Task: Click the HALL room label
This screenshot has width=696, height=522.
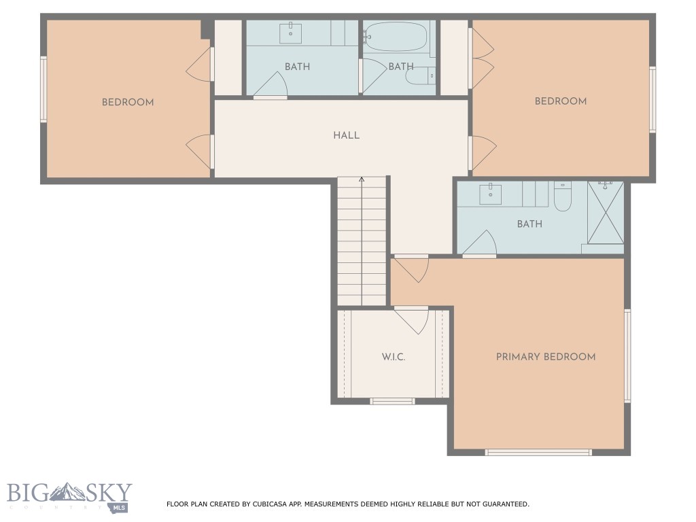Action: pyautogui.click(x=346, y=135)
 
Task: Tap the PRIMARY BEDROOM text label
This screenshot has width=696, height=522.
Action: pyautogui.click(x=545, y=357)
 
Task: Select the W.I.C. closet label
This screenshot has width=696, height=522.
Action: pyautogui.click(x=393, y=357)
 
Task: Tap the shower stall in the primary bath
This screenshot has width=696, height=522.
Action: pyautogui.click(x=605, y=212)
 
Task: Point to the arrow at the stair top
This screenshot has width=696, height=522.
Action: pyautogui.click(x=362, y=180)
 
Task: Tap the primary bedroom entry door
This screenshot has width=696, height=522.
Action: pyautogui.click(x=411, y=268)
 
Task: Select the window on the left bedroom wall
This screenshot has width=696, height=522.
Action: pyautogui.click(x=44, y=90)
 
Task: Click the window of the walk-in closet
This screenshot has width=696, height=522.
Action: pyautogui.click(x=392, y=401)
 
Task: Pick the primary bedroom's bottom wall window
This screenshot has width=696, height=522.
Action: pyautogui.click(x=538, y=452)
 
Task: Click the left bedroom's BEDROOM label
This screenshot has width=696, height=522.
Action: pyautogui.click(x=128, y=103)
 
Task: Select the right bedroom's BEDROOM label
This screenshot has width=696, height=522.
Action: pyautogui.click(x=561, y=101)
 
